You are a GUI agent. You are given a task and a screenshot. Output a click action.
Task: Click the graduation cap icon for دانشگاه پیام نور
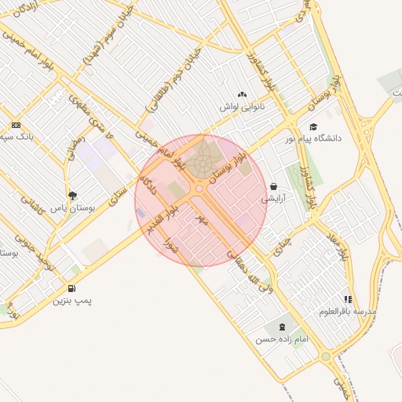[313, 127]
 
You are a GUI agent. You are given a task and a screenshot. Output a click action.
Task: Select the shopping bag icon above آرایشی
[272, 187]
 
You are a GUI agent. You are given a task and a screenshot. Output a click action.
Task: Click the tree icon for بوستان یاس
[72, 196]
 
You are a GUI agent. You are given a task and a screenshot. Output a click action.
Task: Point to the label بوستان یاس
[71, 208]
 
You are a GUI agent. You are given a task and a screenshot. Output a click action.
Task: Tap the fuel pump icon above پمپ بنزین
[71, 288]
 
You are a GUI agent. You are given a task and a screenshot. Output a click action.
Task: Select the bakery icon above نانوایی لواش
[242, 94]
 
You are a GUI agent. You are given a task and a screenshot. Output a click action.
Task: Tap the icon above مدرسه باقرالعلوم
[348, 299]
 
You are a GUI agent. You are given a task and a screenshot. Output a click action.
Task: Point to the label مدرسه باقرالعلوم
[348, 312]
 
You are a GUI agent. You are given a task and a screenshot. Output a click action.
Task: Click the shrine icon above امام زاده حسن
[280, 327]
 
